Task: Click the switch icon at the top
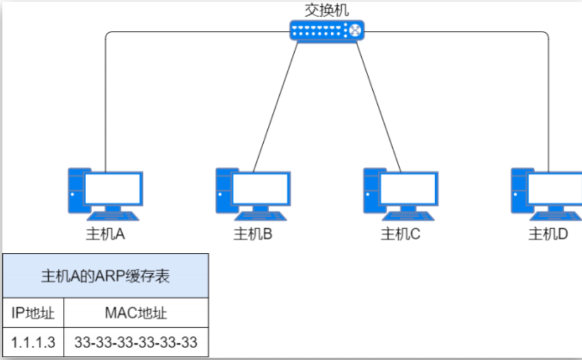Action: click(326, 30)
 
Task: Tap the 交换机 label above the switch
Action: click(326, 10)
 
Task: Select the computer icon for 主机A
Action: click(105, 194)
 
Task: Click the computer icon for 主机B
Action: click(253, 194)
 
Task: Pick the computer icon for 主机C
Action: click(400, 194)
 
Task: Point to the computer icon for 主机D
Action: click(546, 194)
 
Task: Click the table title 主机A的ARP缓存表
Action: click(106, 276)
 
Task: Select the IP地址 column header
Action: click(33, 313)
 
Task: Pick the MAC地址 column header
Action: click(136, 313)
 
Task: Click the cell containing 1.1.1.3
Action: click(33, 343)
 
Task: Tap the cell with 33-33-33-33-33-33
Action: click(136, 343)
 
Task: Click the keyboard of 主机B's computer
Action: click(261, 216)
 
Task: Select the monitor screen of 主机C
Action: click(408, 188)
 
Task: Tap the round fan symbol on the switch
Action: click(356, 30)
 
